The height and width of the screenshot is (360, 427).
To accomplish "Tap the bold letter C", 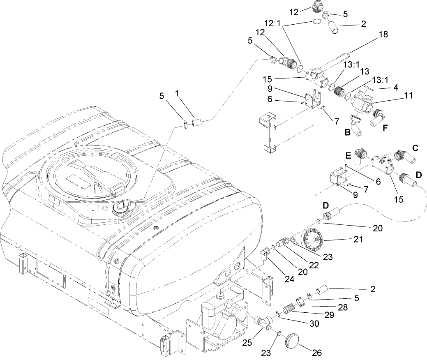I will coord(415,148).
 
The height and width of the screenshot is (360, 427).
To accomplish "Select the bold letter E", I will coord(348,157).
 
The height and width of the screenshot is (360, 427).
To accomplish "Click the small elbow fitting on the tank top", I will coord(123,203).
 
